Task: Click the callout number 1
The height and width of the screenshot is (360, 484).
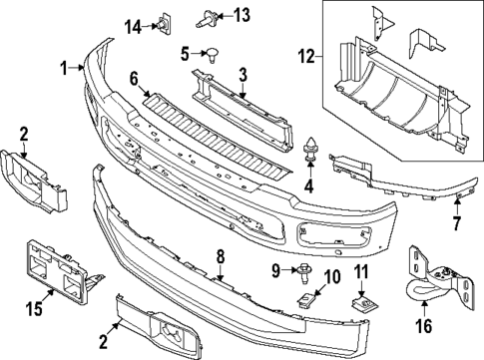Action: pyautogui.click(x=64, y=69)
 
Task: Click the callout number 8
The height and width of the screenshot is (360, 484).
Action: pyautogui.click(x=221, y=256)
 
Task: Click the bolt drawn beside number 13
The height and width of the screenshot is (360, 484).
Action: pyautogui.click(x=210, y=15)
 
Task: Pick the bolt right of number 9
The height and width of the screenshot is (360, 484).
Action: pyautogui.click(x=300, y=269)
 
